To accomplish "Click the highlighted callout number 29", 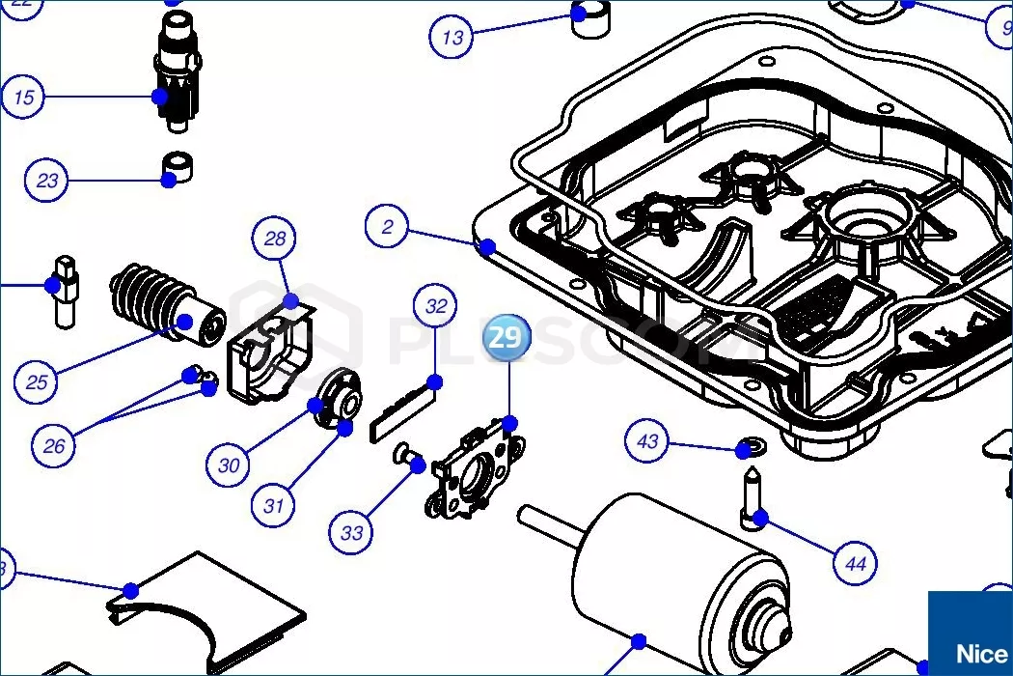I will [505, 337].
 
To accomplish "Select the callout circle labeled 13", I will [452, 38].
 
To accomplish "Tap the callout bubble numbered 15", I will [24, 97].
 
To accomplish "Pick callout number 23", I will [47, 180].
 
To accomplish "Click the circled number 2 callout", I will [388, 228].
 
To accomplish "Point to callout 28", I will [276, 239].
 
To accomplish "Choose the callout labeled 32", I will [436, 306].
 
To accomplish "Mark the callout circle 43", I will [647, 441].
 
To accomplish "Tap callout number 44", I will [855, 562].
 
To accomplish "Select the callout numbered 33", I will [352, 532].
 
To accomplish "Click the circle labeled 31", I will [274, 504].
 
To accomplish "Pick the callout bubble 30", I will [229, 465].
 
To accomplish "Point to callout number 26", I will [54, 445].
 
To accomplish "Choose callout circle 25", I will [37, 382].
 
